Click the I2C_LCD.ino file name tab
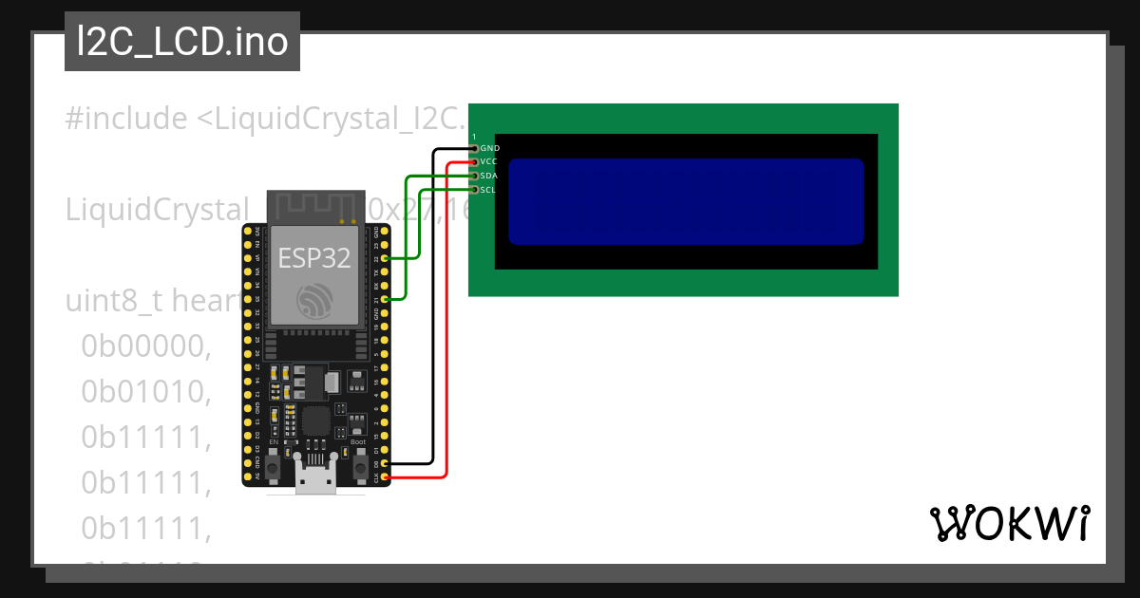182,42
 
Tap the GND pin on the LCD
474,148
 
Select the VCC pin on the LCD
474,162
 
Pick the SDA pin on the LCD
474,176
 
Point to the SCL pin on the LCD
474,190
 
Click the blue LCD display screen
686,201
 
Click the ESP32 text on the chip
313,257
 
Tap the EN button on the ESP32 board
274,466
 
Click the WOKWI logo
1009,523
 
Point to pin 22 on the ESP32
385,258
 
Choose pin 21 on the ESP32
385,299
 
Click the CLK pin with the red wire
385,477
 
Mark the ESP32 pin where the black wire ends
385,463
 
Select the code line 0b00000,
145,348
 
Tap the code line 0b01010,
145,392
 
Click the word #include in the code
126,120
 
